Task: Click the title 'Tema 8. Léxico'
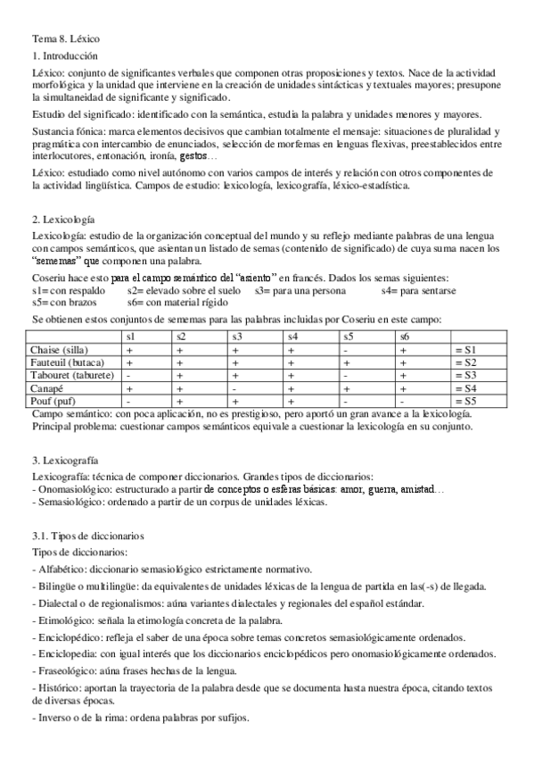[66, 39]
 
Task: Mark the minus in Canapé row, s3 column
[235, 389]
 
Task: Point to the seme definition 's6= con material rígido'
[179, 304]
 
